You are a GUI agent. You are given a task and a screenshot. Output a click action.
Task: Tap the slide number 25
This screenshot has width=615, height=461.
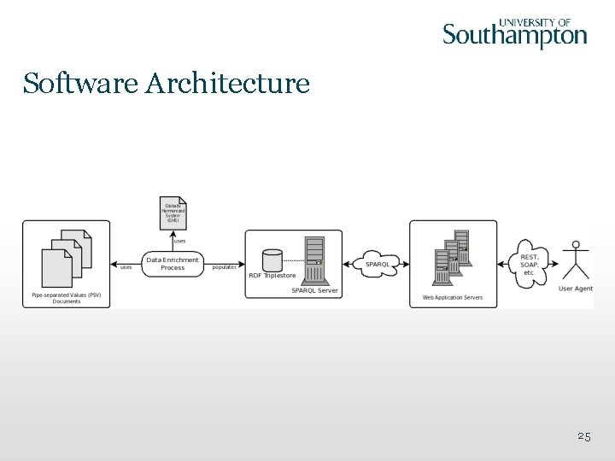coord(583,436)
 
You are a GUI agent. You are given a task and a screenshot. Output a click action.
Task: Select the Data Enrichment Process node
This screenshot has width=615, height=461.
coord(173,264)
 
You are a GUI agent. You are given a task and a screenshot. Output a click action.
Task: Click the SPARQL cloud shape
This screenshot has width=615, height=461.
coord(377,264)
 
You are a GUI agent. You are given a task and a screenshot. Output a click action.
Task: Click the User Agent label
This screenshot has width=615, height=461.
coord(576,289)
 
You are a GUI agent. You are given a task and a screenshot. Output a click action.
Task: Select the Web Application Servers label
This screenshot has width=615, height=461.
coord(453,298)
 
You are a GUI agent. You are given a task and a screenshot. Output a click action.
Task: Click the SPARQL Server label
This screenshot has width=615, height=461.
coord(314,290)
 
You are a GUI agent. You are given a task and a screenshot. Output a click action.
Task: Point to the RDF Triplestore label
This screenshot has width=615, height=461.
coord(272,276)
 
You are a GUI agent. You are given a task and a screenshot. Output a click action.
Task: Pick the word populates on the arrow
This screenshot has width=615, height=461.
coord(224,267)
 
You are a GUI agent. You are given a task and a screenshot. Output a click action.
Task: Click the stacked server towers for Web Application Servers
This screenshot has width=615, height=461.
coord(452,254)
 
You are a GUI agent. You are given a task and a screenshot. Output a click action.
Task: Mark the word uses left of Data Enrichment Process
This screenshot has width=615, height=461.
coord(125,267)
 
